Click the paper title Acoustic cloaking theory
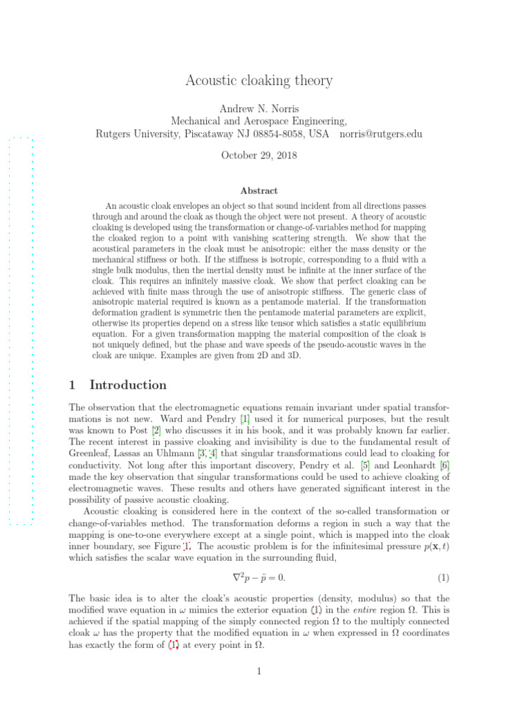click(259, 81)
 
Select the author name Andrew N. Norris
click(259, 109)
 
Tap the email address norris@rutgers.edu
click(381, 133)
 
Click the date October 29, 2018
click(259, 156)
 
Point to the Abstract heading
click(259, 191)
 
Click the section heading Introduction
click(128, 385)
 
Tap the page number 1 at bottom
click(259, 689)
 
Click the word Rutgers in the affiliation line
click(114, 133)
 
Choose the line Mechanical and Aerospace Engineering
click(259, 121)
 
